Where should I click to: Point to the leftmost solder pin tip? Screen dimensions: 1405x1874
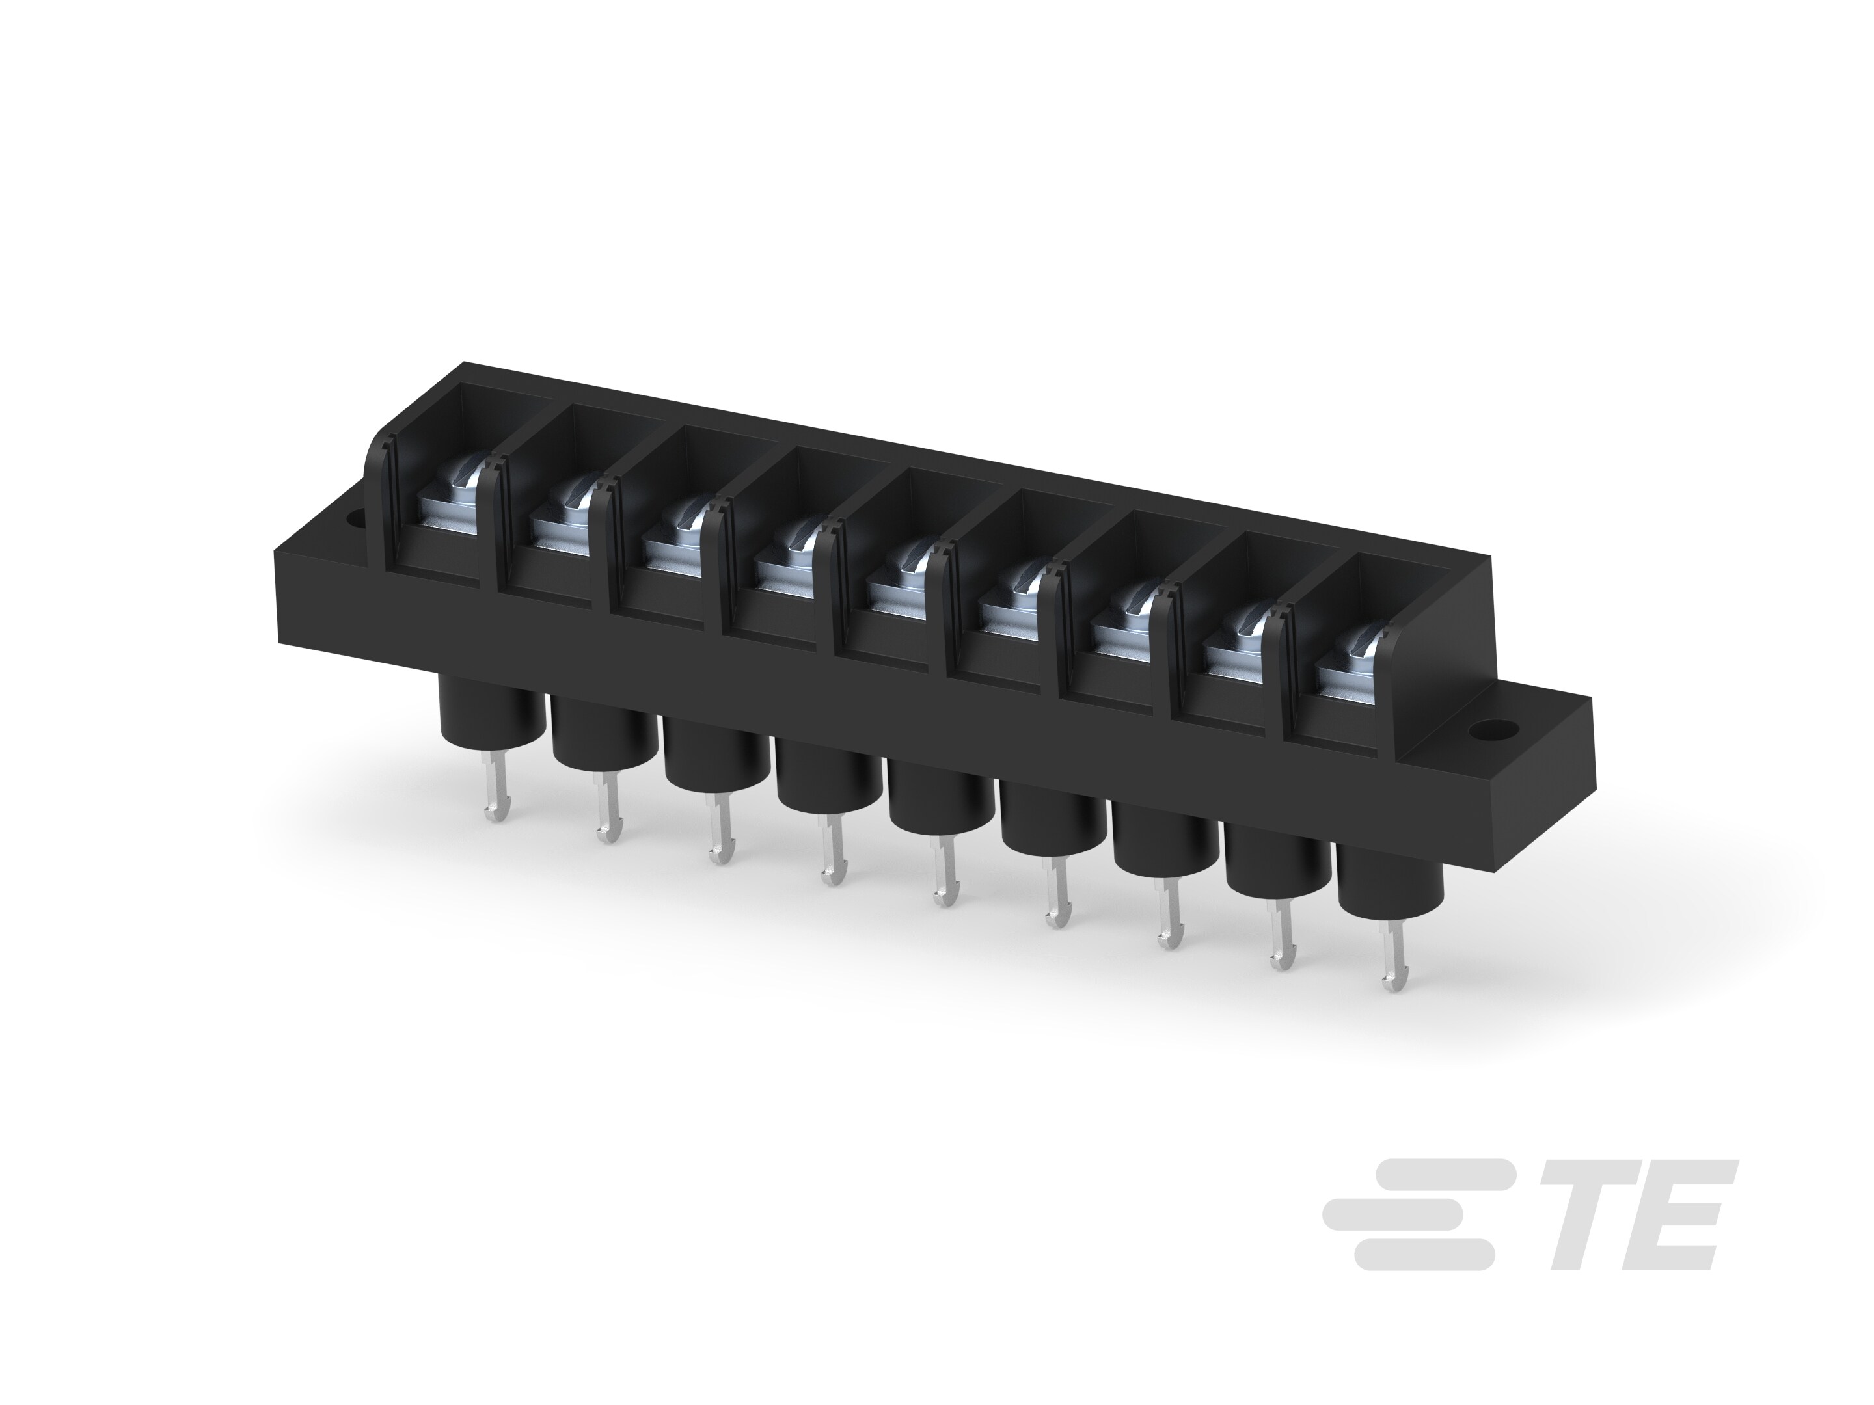[491, 815]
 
